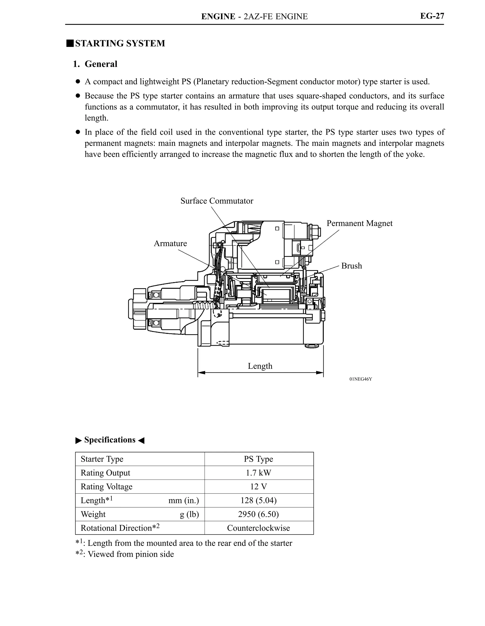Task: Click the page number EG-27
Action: point(432,16)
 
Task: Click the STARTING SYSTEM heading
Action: point(120,43)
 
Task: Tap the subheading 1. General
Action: point(95,64)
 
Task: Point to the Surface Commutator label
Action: point(217,201)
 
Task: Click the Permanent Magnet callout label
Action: point(359,223)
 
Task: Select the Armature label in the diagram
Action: point(170,243)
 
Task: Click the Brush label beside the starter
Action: point(351,266)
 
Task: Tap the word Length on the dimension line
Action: point(260,366)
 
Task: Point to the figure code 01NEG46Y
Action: point(360,379)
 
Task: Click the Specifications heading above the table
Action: point(110,440)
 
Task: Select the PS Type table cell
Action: point(258,459)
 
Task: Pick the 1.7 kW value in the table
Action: point(258,473)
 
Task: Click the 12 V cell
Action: point(258,487)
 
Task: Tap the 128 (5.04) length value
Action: point(258,500)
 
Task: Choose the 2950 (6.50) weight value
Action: point(258,514)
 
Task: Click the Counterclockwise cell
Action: point(258,528)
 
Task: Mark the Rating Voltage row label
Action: point(106,487)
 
